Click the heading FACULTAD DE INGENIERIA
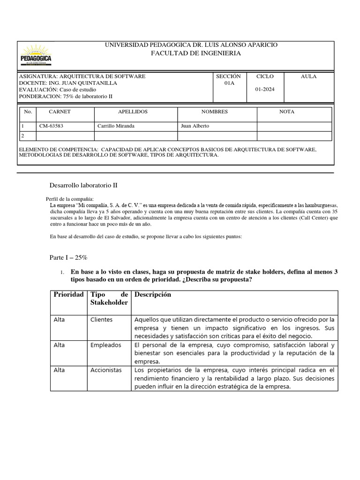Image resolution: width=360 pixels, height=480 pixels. tap(189, 53)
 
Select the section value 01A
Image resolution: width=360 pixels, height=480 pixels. tap(228, 83)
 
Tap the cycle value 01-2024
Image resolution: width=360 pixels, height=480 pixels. tap(265, 90)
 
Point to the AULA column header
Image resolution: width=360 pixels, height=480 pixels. tap(308, 76)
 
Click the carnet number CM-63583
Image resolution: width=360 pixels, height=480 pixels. tap(51, 126)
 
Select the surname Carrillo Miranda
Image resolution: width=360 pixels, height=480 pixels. tap(117, 126)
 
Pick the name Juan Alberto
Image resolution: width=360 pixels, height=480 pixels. tap(195, 126)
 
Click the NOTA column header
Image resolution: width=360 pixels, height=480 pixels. tap(286, 112)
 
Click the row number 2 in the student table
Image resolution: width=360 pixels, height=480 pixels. tap(22, 135)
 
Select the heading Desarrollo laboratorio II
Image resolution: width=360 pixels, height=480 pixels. tap(83, 185)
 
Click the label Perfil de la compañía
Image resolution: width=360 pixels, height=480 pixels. tap(70, 199)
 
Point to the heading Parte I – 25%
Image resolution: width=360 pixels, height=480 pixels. tap(68, 258)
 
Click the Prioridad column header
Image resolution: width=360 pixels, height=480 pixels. tap(68, 295)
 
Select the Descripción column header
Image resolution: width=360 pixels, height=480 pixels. tap(152, 295)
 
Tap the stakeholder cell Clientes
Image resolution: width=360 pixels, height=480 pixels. tap(101, 320)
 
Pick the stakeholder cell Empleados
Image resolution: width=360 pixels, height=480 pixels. tap(105, 345)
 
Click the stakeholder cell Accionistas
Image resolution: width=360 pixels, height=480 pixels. tap(106, 370)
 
